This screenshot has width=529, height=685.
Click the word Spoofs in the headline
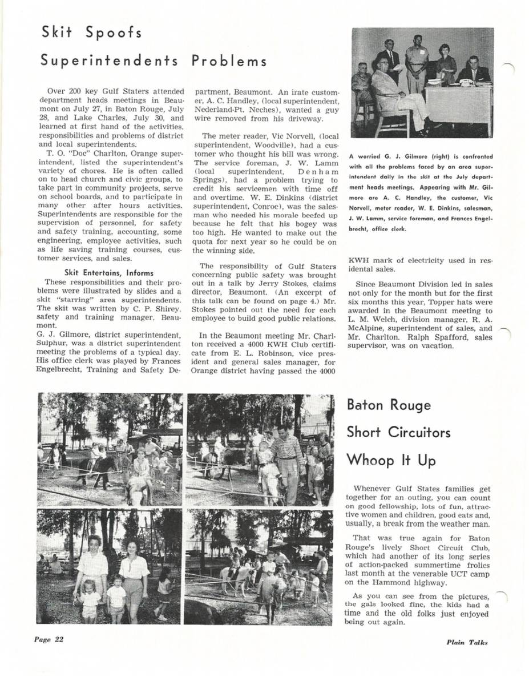(x=114, y=32)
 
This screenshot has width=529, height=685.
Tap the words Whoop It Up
(x=391, y=460)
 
